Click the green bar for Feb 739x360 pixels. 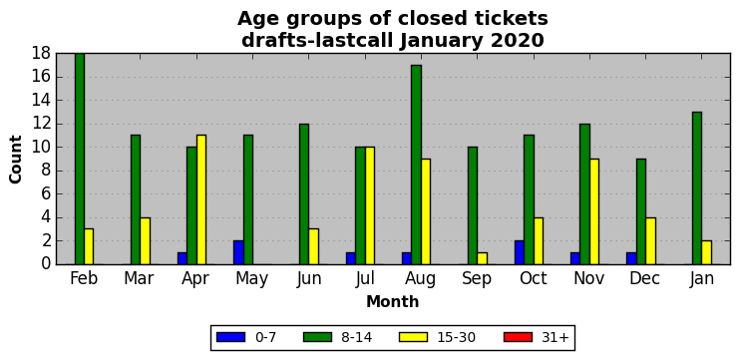[x=79, y=159]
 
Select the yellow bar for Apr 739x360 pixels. [x=201, y=199]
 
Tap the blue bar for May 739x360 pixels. [x=238, y=252]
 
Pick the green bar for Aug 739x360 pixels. [x=416, y=165]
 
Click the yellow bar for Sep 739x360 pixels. [x=482, y=258]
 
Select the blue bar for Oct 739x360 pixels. [x=519, y=252]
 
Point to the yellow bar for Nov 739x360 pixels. [x=593, y=211]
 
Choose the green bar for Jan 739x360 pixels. [x=697, y=188]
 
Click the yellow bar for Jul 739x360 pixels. [x=369, y=205]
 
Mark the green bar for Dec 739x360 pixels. [x=641, y=211]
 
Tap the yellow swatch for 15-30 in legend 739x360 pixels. [x=413, y=337]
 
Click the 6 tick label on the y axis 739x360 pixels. [x=46, y=194]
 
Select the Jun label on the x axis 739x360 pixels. [x=309, y=278]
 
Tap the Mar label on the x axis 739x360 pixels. [x=139, y=278]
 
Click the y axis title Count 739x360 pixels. [x=16, y=160]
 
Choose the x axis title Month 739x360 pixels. [x=393, y=301]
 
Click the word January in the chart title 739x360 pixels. [x=442, y=41]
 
